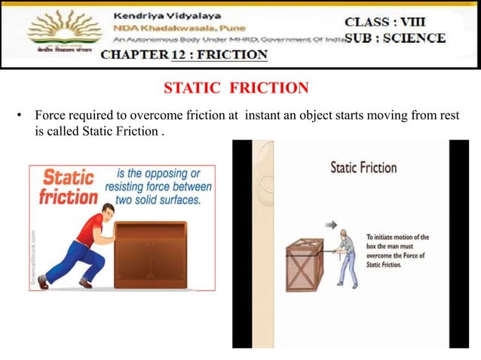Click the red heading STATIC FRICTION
(x=236, y=89)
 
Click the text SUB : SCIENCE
(x=394, y=38)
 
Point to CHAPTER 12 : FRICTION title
(x=184, y=55)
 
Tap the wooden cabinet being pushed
(x=150, y=255)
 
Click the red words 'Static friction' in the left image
(x=68, y=188)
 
